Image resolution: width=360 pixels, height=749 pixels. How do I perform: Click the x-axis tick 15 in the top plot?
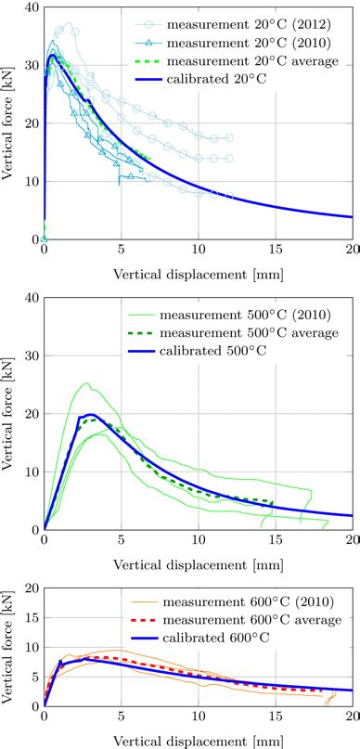276,250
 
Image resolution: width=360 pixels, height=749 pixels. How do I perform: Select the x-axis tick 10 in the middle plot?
199,540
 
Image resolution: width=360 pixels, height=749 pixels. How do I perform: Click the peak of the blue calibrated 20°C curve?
53,55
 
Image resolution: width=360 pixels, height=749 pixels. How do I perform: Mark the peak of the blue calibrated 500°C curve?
90,414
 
